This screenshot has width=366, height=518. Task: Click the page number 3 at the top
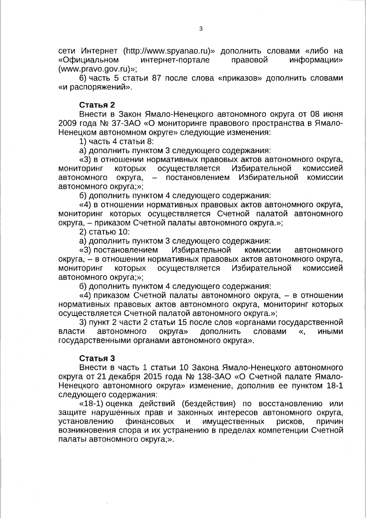(x=200, y=29)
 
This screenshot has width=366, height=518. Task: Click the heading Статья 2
(x=97, y=105)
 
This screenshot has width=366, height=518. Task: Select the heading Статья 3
(x=97, y=358)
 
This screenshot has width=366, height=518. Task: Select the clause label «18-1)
(x=91, y=404)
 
